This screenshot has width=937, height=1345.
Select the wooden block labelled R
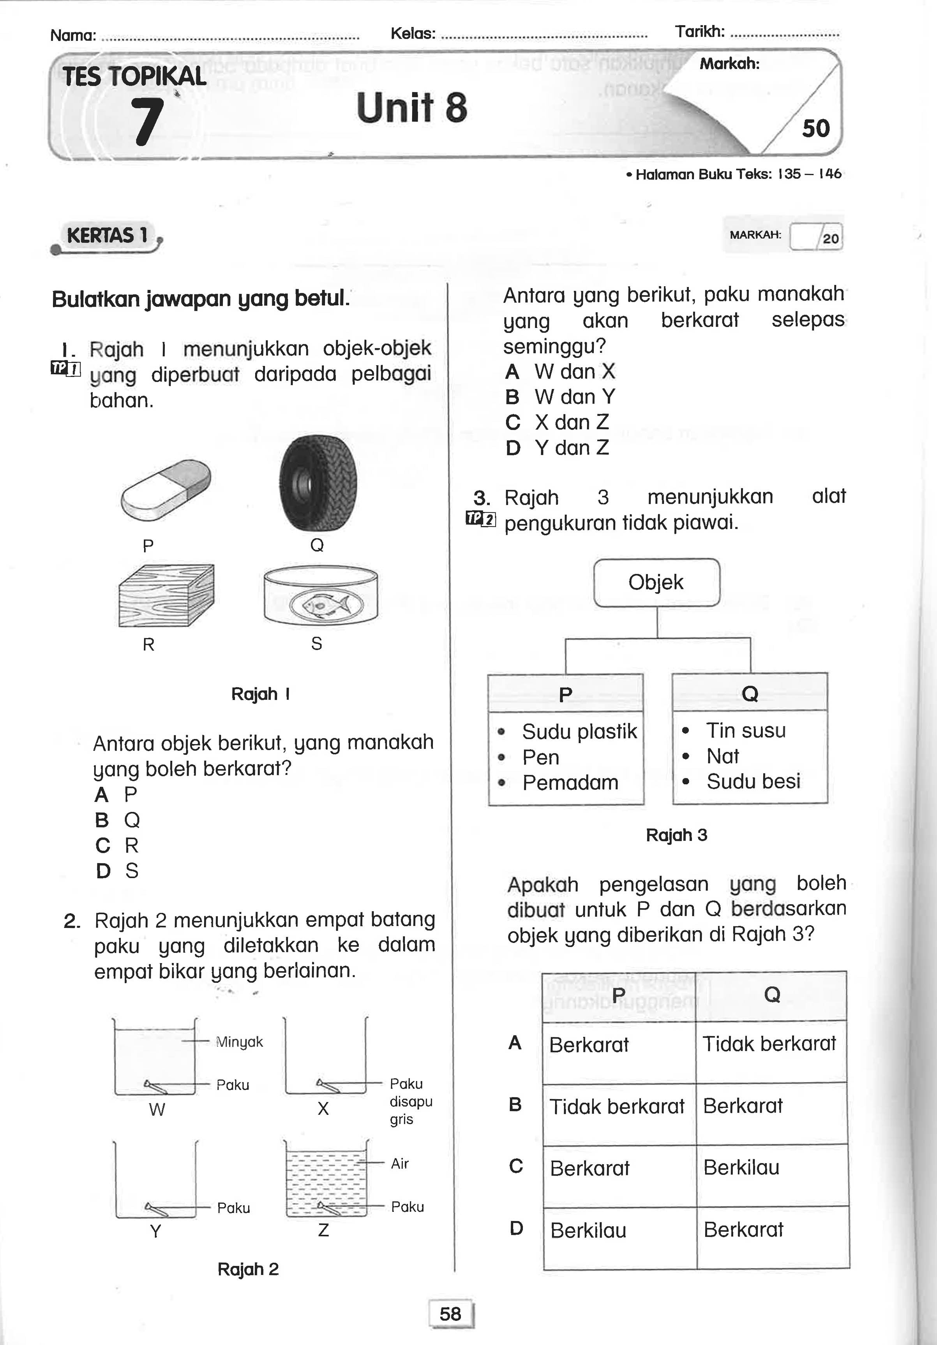(166, 595)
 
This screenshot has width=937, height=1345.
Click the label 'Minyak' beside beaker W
(239, 1042)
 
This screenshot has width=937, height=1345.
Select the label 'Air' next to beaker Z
(400, 1164)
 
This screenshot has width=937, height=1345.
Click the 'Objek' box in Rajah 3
(656, 582)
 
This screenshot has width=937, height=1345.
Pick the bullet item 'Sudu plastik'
(579, 732)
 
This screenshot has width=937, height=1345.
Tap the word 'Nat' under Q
(723, 756)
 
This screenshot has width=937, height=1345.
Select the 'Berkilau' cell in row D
(588, 1230)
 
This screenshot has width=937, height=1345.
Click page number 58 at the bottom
(450, 1313)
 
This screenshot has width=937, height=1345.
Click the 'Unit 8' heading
(411, 108)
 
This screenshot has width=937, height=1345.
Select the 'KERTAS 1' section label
(107, 236)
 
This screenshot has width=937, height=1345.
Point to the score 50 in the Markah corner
(816, 128)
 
